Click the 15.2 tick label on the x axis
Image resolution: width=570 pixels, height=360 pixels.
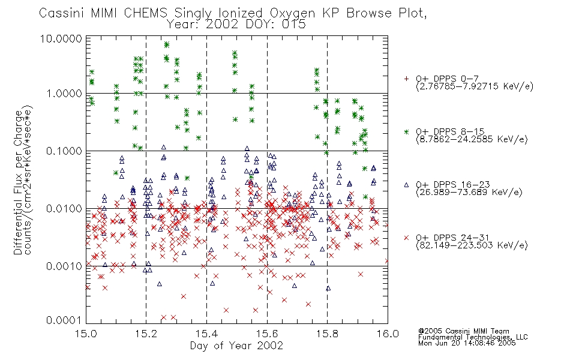point(146,334)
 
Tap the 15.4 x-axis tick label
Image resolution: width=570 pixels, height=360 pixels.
point(207,334)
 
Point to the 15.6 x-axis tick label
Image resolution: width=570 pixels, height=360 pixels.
point(267,334)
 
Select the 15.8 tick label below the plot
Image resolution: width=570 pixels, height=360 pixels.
point(328,334)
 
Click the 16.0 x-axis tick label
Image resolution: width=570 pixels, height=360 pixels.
point(388,334)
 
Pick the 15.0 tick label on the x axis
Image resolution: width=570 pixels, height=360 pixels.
point(86,334)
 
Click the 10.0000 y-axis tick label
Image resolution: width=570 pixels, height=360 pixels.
point(61,38)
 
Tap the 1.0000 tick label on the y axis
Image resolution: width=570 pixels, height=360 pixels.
point(64,94)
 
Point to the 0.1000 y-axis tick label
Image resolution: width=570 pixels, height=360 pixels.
point(64,151)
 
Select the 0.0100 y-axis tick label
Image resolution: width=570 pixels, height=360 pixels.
point(64,209)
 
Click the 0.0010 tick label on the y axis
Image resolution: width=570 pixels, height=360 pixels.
point(64,266)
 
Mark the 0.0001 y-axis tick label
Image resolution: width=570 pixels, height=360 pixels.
point(64,320)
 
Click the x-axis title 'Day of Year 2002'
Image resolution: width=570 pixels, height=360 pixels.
point(236,346)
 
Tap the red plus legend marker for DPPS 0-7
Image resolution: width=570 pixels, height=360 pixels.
point(406,79)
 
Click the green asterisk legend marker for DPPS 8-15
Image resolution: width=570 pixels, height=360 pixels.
point(406,131)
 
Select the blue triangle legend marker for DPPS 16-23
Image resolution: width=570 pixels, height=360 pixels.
point(406,185)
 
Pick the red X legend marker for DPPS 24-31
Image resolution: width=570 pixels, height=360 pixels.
point(406,238)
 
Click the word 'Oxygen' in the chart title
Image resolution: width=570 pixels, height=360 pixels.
point(293,13)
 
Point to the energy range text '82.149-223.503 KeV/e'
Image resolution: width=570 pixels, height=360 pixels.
point(472,245)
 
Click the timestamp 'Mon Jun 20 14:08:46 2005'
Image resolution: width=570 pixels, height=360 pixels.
point(467,343)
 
